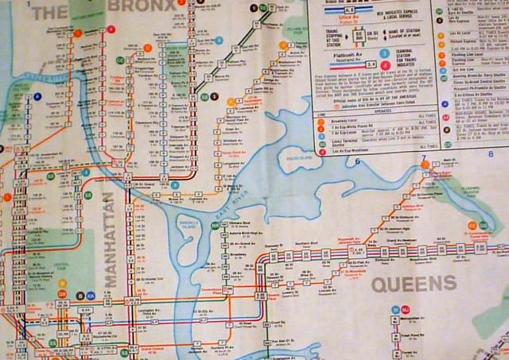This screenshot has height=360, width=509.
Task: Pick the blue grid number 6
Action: click(358, 161)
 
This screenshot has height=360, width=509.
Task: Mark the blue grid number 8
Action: click(491, 153)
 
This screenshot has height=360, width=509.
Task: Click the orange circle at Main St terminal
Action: click(425, 165)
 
